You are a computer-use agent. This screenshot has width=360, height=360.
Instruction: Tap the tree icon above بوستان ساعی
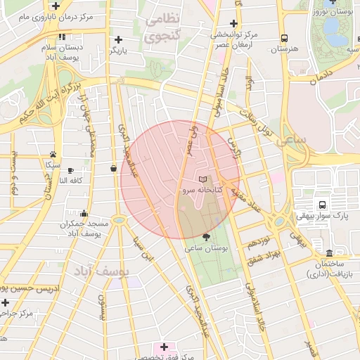205,237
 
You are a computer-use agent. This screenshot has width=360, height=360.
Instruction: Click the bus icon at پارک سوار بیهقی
322,205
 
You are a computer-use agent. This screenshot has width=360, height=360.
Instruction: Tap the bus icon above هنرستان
284,39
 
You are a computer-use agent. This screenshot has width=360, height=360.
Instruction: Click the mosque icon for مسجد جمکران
84,214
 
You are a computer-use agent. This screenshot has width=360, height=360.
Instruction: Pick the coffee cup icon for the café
70,170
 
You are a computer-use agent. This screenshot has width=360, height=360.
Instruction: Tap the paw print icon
53,154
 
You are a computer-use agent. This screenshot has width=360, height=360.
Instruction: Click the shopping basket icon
113,168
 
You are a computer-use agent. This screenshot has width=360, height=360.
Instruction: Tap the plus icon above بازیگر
118,40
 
